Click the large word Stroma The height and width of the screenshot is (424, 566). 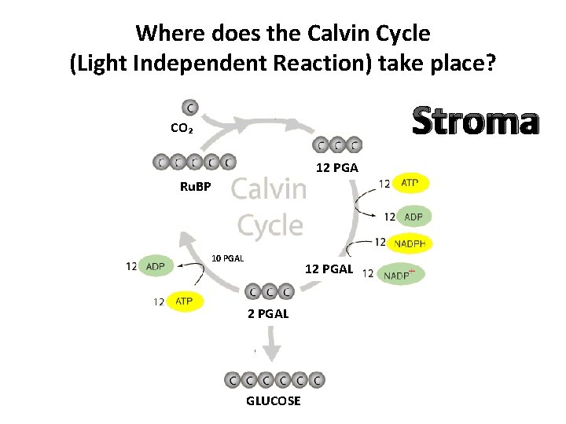pyautogui.click(x=475, y=122)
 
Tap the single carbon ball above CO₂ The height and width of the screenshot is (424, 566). pyautogui.click(x=189, y=107)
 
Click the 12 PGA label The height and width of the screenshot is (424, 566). pyautogui.click(x=336, y=167)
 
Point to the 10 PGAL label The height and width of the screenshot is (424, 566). pyautogui.click(x=229, y=258)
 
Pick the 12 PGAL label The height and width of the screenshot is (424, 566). pyautogui.click(x=329, y=270)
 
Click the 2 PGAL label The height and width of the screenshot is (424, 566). pyautogui.click(x=268, y=313)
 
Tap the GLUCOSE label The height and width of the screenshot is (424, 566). pyautogui.click(x=273, y=401)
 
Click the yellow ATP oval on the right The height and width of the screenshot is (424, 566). pyautogui.click(x=410, y=184)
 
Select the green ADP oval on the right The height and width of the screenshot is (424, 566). pyautogui.click(x=413, y=217)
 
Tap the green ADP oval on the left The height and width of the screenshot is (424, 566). pyautogui.click(x=156, y=266)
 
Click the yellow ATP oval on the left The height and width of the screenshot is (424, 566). pyautogui.click(x=184, y=301)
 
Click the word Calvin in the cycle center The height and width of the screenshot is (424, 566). pyautogui.click(x=270, y=189)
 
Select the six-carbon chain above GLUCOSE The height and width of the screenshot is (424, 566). pyautogui.click(x=274, y=379)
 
